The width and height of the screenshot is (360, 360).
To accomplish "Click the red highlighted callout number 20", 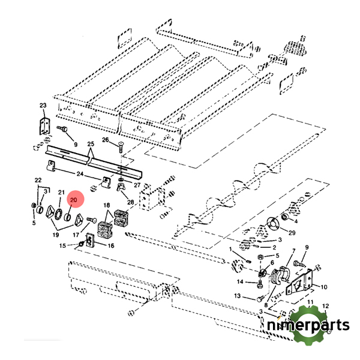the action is pos(73,200).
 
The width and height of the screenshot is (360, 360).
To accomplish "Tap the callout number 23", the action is pos(43,106).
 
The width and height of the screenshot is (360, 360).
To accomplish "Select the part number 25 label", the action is pos(91,144).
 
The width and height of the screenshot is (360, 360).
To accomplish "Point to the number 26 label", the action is pos(106,140).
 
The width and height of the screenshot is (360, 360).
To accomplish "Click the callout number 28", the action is pos(131,202).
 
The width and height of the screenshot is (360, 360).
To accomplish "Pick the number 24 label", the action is pos(80,174).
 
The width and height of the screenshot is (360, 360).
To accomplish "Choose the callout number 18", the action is pos(107,205).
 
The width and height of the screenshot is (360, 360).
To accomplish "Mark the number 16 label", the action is pos(111,246).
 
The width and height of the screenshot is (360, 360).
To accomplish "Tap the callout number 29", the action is pos(292,233).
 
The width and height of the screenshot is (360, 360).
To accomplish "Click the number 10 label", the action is pos(324,287).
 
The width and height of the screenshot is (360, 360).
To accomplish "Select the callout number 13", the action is pos(238,296).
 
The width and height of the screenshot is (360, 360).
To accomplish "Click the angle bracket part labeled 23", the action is pos(45,126).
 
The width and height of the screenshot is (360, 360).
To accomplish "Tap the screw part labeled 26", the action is pos(121,148).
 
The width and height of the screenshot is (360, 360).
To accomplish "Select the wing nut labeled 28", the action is pos(120,187).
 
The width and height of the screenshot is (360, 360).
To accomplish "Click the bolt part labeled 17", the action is pos(92,220).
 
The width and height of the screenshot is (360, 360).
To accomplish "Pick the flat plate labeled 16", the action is pos(90,241).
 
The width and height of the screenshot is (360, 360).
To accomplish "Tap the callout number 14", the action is pos(240,281).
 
